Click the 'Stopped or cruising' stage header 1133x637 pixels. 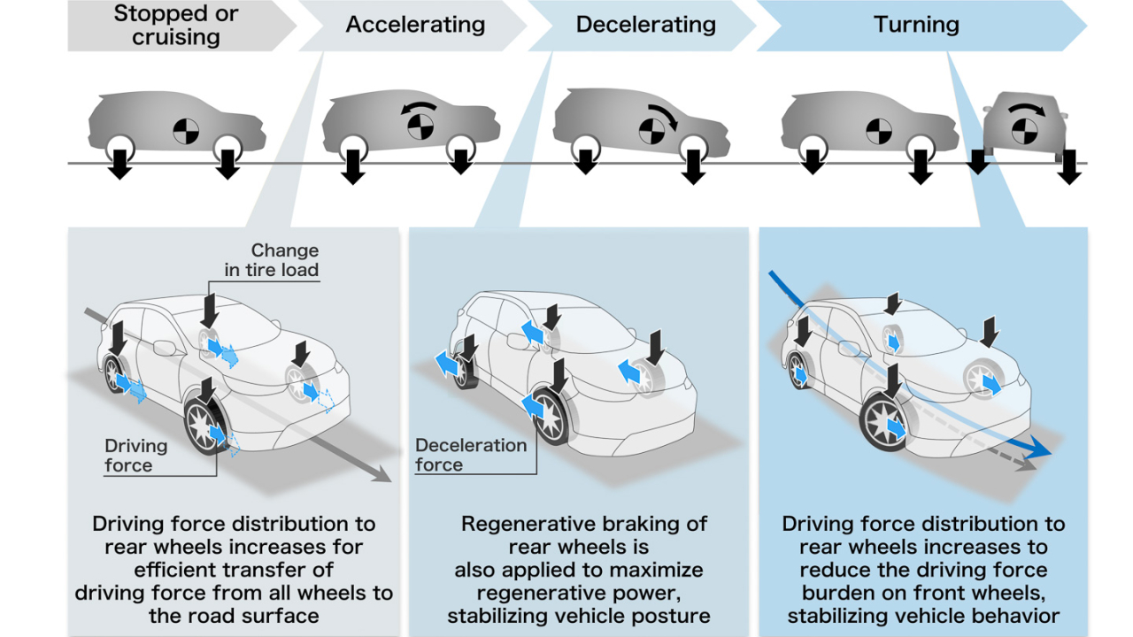pos(177,26)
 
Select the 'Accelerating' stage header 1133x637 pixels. pos(415,25)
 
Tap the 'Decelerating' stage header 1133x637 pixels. pos(645,25)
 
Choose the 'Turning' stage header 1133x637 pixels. pos(916,25)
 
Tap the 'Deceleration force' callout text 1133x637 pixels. pos(471,455)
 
